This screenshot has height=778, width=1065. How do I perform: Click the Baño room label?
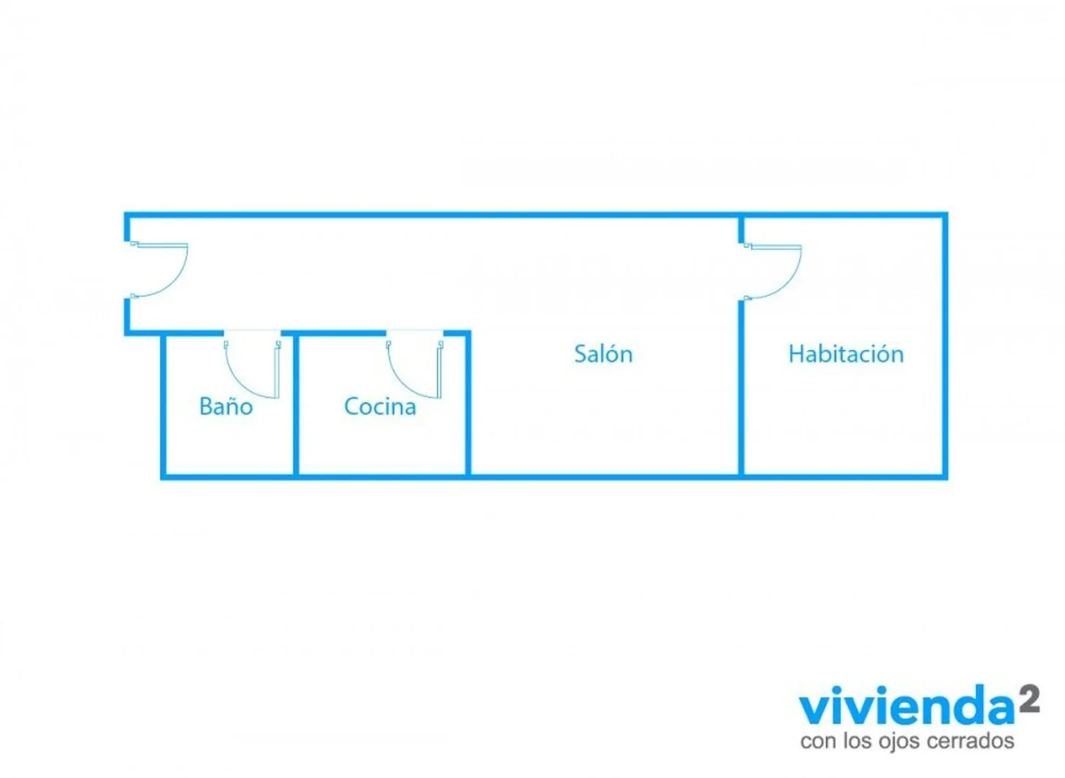pos(226,406)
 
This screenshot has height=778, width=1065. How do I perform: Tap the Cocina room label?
pos(380,406)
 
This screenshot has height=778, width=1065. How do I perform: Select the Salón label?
pos(603,354)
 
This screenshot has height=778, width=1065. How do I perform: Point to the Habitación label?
pos(846,354)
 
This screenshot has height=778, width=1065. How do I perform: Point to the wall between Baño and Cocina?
pos(296,405)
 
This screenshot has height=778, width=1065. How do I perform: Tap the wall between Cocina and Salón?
pos(468,405)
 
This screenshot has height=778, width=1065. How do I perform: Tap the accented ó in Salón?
pos(614,354)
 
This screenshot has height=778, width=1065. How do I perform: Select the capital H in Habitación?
pos(796,354)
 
